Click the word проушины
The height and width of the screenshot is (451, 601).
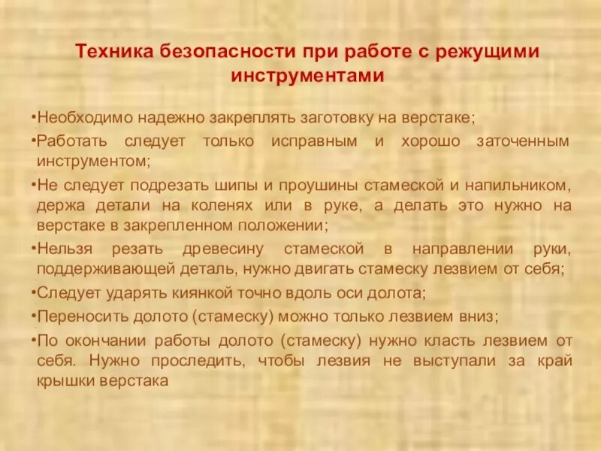[308, 184]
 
